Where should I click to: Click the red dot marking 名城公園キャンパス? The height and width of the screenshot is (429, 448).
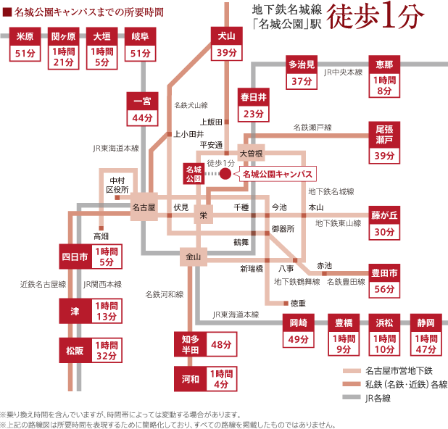[225, 174]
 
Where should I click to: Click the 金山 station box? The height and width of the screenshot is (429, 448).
[193, 256]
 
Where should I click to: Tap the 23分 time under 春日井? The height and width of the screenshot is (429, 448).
[253, 114]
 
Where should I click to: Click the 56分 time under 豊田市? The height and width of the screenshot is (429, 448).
[384, 289]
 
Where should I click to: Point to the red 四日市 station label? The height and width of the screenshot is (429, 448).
[73, 256]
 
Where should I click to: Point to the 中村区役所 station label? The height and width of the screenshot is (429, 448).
[117, 184]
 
